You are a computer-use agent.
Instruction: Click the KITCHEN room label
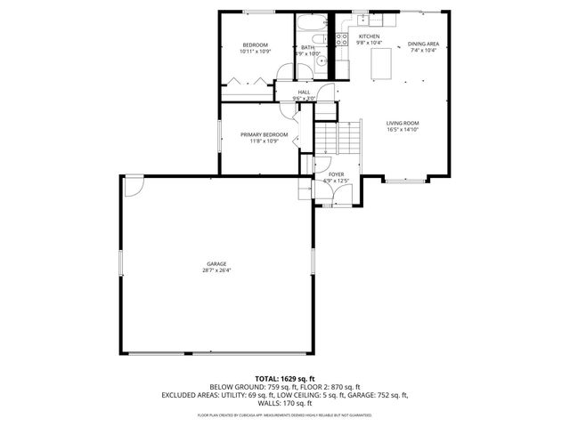pos(369,36)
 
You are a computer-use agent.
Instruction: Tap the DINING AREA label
pos(422,44)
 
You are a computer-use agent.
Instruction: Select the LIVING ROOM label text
pos(403,123)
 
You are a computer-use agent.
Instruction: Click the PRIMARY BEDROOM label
pos(264,134)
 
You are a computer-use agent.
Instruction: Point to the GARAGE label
pos(216,263)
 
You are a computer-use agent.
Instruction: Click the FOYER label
pos(336,174)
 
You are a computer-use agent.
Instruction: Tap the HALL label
pos(304,92)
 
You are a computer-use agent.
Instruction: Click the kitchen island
pos(382,63)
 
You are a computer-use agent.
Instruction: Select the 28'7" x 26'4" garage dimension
pos(216,270)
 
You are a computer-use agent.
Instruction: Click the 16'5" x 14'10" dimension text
pos(403,130)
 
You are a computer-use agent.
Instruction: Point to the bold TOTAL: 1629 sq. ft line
pos(284,378)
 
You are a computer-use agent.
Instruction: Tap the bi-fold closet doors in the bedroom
pos(247,82)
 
